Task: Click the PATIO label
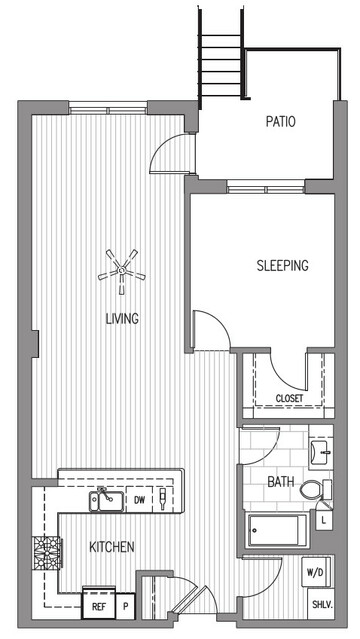click(x=280, y=121)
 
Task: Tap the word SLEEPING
click(x=282, y=265)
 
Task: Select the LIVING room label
click(x=122, y=318)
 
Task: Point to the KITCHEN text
click(x=112, y=546)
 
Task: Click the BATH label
click(x=281, y=482)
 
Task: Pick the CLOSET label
click(x=289, y=398)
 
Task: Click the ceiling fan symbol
click(x=121, y=271)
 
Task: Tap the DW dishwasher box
click(x=139, y=500)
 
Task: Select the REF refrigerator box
click(x=99, y=607)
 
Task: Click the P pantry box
click(x=126, y=607)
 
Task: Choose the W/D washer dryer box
click(x=316, y=572)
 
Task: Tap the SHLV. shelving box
click(x=321, y=604)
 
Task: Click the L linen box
click(x=324, y=520)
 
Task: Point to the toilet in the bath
click(x=316, y=490)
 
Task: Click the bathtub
click(x=277, y=531)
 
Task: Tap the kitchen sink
click(x=107, y=500)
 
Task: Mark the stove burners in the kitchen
click(x=48, y=552)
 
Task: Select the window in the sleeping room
click(x=266, y=189)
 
